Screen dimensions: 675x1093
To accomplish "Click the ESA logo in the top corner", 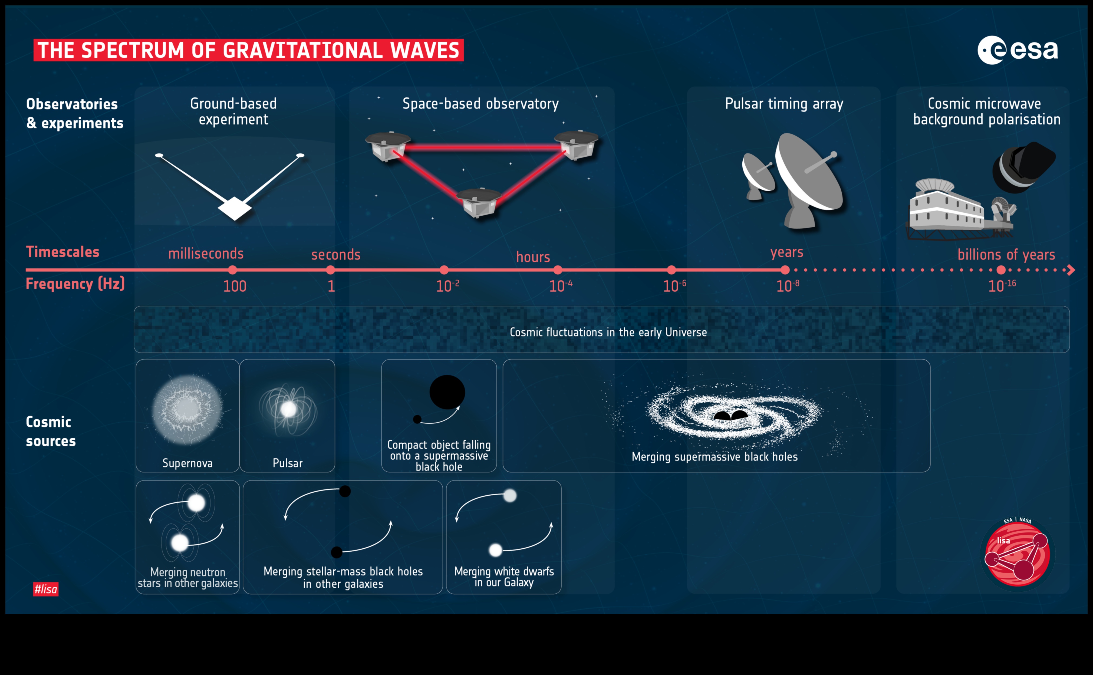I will click(x=1017, y=50).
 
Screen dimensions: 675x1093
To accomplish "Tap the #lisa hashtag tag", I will click(x=45, y=589).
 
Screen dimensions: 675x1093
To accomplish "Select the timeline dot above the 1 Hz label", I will click(x=330, y=270).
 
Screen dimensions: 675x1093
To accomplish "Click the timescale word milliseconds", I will click(x=206, y=253).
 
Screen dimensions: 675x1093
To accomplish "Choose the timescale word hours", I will click(x=533, y=257).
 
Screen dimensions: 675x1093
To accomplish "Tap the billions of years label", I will click(x=1006, y=255).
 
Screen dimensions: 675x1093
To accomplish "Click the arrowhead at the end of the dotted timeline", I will click(x=1071, y=270).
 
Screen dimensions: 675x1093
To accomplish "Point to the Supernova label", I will click(x=187, y=463).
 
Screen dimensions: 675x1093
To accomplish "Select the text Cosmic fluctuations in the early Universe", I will click(x=608, y=332).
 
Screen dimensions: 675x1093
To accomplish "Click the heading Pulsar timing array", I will click(x=784, y=104).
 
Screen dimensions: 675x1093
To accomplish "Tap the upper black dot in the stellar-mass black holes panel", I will click(x=345, y=491).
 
